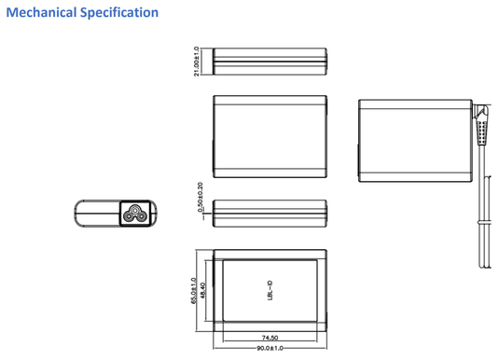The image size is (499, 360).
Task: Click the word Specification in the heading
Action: [120, 13]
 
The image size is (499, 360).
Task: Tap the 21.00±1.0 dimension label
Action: [197, 62]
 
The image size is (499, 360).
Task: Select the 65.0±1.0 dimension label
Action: [193, 291]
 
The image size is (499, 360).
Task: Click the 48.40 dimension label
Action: [204, 291]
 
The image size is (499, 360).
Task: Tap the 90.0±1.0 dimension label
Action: [270, 349]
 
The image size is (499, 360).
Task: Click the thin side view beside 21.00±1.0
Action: [270, 62]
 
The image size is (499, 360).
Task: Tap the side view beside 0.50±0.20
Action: [270, 213]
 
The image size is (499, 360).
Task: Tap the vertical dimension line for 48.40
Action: [209, 291]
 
